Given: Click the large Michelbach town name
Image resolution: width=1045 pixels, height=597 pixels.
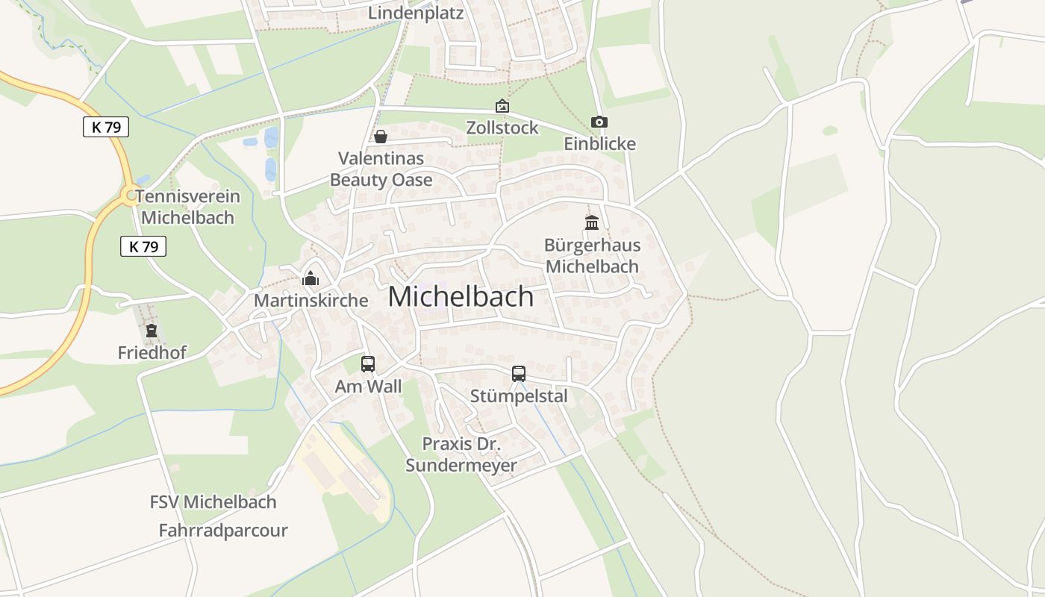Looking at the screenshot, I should [461, 297].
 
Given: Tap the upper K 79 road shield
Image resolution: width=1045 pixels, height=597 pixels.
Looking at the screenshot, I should [106, 127].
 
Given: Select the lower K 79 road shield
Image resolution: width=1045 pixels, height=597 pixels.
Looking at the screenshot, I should [143, 246].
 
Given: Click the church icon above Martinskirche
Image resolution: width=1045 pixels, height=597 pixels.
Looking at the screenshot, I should [310, 279].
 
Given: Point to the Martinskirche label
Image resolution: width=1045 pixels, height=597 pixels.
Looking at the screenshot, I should [311, 300].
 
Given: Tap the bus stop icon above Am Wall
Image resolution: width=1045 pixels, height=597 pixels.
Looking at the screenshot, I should [368, 364].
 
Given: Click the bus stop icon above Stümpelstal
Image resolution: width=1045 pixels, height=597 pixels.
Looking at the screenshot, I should [519, 374].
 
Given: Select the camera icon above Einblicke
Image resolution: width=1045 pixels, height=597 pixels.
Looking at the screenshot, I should [599, 122].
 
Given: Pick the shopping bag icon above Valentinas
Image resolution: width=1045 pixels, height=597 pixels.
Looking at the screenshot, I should [381, 137].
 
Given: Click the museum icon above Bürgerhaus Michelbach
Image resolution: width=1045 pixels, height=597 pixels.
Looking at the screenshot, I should [592, 222].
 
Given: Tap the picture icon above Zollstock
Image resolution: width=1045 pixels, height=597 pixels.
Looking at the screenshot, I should [502, 107].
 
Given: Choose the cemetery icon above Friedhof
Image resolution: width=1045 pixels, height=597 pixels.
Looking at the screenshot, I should [152, 331].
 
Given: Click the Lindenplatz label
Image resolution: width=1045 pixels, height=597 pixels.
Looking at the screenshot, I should [417, 13].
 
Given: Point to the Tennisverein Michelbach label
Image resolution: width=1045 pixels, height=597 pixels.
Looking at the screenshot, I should [187, 207].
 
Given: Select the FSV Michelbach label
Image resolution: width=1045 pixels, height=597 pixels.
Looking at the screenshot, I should [213, 501].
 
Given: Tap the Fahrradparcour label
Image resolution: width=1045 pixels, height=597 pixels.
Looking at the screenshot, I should [223, 531].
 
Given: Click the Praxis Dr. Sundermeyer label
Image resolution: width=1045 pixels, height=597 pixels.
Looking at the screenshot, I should [461, 454].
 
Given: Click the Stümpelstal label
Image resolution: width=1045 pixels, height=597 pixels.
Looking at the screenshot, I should [519, 396].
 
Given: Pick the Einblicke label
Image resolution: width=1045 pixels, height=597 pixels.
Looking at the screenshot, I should [599, 144].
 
